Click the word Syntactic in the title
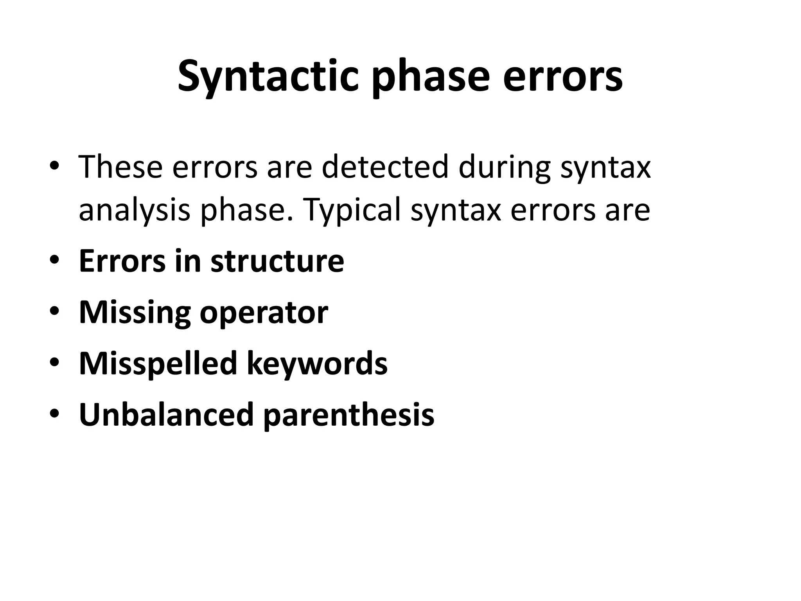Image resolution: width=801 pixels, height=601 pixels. pos(268,76)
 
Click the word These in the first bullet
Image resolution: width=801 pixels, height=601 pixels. pos(120,167)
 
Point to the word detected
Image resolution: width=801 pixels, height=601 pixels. pos(385,167)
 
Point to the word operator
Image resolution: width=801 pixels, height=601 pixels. pos(264,313)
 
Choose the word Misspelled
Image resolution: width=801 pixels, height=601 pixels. pos(158,363)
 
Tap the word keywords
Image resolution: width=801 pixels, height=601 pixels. pos(317,363)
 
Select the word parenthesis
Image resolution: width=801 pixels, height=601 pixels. pos(348,415)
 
